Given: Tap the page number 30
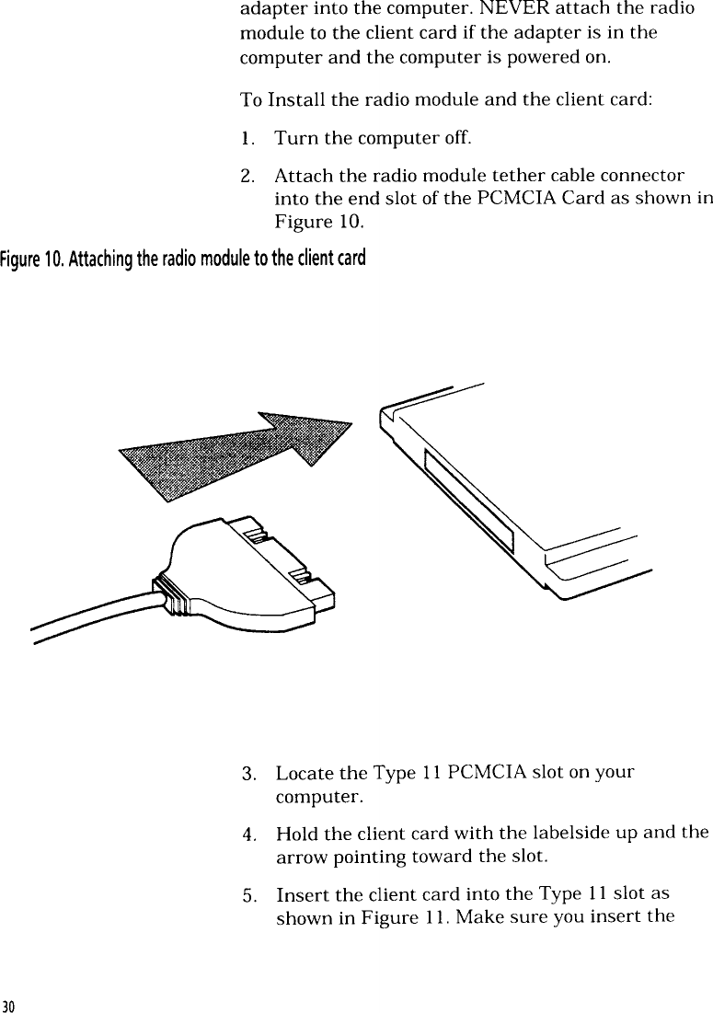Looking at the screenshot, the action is pos(8,1003).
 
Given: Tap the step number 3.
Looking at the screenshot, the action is pos(247,772).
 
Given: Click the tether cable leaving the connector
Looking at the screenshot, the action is pos(92,616).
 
